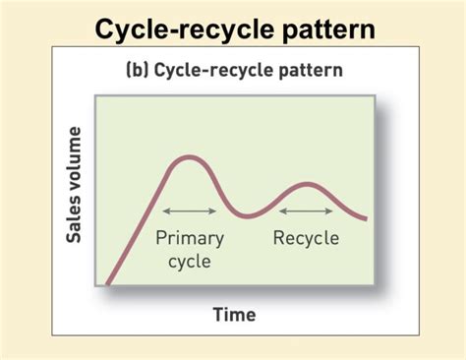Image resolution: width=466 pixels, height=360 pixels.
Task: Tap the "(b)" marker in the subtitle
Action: [138, 70]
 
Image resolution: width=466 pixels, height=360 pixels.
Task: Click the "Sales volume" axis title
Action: [76, 185]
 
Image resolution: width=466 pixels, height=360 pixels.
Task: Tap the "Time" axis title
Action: [234, 315]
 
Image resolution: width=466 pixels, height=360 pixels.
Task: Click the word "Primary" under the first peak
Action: [190, 238]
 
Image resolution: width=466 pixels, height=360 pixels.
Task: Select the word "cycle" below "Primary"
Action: [190, 261]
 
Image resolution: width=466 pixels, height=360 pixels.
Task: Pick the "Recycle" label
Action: [306, 238]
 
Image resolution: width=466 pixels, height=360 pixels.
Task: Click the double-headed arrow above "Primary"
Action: [190, 211]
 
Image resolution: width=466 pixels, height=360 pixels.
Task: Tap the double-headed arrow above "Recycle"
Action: [307, 211]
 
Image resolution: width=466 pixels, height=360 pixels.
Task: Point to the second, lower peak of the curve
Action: [305, 185]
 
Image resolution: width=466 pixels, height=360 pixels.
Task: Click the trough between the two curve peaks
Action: [246, 213]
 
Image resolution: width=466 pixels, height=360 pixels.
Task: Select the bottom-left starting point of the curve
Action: [106, 285]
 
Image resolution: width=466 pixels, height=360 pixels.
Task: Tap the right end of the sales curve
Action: [366, 217]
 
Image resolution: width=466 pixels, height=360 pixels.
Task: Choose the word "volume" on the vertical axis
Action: [76, 165]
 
